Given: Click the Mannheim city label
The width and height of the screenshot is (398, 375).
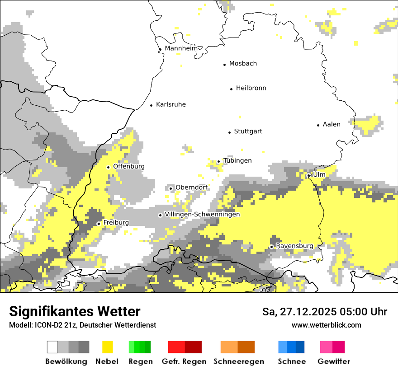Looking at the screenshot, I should (x=181, y=48).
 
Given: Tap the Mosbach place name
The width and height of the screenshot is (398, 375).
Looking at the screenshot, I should (x=243, y=64).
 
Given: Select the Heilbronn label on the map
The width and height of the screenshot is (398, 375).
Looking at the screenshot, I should (x=251, y=88).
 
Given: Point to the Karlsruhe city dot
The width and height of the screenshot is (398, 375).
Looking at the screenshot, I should (x=152, y=105).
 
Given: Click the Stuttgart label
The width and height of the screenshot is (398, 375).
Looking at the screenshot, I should (x=248, y=131).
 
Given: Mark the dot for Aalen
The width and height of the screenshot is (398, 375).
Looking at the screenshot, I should (x=318, y=125).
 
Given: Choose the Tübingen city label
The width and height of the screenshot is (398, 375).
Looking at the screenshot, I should (x=237, y=161).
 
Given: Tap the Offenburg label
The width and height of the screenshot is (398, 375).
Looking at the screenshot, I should (x=129, y=166).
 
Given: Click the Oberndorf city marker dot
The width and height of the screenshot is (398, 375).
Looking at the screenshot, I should (x=171, y=188).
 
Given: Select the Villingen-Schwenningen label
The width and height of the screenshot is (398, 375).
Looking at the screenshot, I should (x=202, y=214).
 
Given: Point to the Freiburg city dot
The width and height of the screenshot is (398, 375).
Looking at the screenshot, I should (x=99, y=224).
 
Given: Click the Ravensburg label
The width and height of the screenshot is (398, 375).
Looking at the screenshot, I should (x=294, y=246).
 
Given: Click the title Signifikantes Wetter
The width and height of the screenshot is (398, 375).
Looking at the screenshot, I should (x=75, y=311).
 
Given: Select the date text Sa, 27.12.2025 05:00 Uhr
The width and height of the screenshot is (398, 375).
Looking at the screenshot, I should (x=325, y=312).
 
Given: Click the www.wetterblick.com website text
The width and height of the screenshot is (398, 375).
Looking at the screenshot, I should (x=326, y=325).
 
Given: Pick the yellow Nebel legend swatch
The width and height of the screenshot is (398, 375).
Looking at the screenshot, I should (x=108, y=347).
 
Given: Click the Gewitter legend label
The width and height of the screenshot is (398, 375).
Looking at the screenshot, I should (x=334, y=361).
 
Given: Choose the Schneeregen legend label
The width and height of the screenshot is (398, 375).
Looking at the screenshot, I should (x=239, y=361).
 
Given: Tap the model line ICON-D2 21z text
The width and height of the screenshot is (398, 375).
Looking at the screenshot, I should (x=82, y=325).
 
